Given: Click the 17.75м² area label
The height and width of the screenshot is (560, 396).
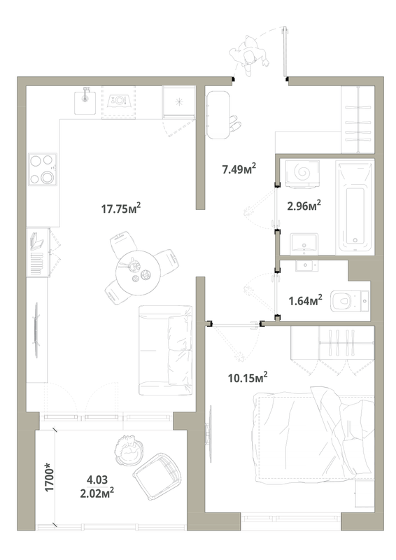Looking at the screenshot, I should [121, 208].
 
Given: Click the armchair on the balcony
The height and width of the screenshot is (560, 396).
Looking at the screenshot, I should [157, 475].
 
